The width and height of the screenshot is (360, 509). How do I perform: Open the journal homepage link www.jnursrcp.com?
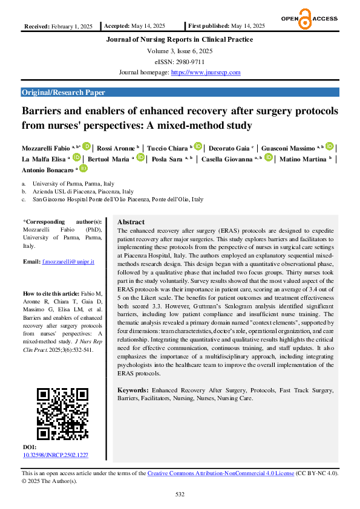click(206, 73)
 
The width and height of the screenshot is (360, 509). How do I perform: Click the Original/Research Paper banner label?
click(64, 92)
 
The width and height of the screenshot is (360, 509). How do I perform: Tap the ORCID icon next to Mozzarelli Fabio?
click(87, 146)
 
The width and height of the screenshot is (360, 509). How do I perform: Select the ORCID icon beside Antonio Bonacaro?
click(83, 169)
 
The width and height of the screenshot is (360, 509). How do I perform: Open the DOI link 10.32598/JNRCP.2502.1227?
click(56, 455)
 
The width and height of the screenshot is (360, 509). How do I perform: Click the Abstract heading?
click(131, 222)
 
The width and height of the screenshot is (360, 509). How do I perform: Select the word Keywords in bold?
click(132, 391)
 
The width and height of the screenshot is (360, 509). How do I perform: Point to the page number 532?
click(180, 494)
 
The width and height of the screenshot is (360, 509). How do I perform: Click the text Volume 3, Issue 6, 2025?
click(180, 51)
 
